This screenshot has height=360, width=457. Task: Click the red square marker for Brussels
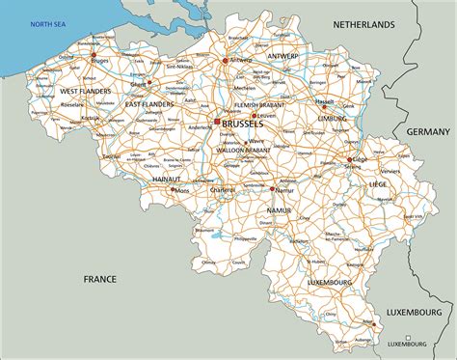[217, 122]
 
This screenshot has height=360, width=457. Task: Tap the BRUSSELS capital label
[242, 125]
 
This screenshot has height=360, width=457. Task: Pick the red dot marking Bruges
[94, 59]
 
